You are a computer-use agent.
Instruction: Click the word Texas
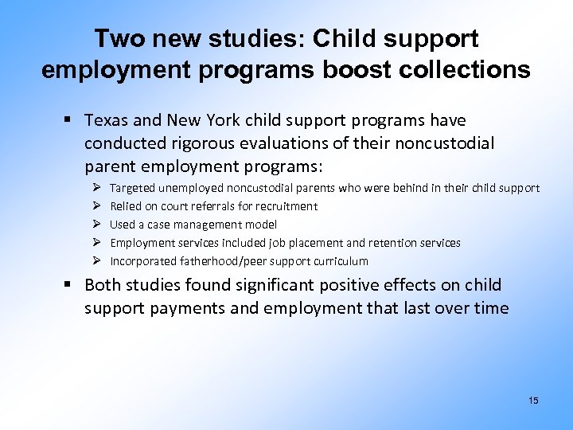pos(106,120)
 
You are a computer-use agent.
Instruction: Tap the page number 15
pos(533,401)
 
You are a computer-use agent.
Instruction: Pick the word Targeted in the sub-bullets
pos(132,188)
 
